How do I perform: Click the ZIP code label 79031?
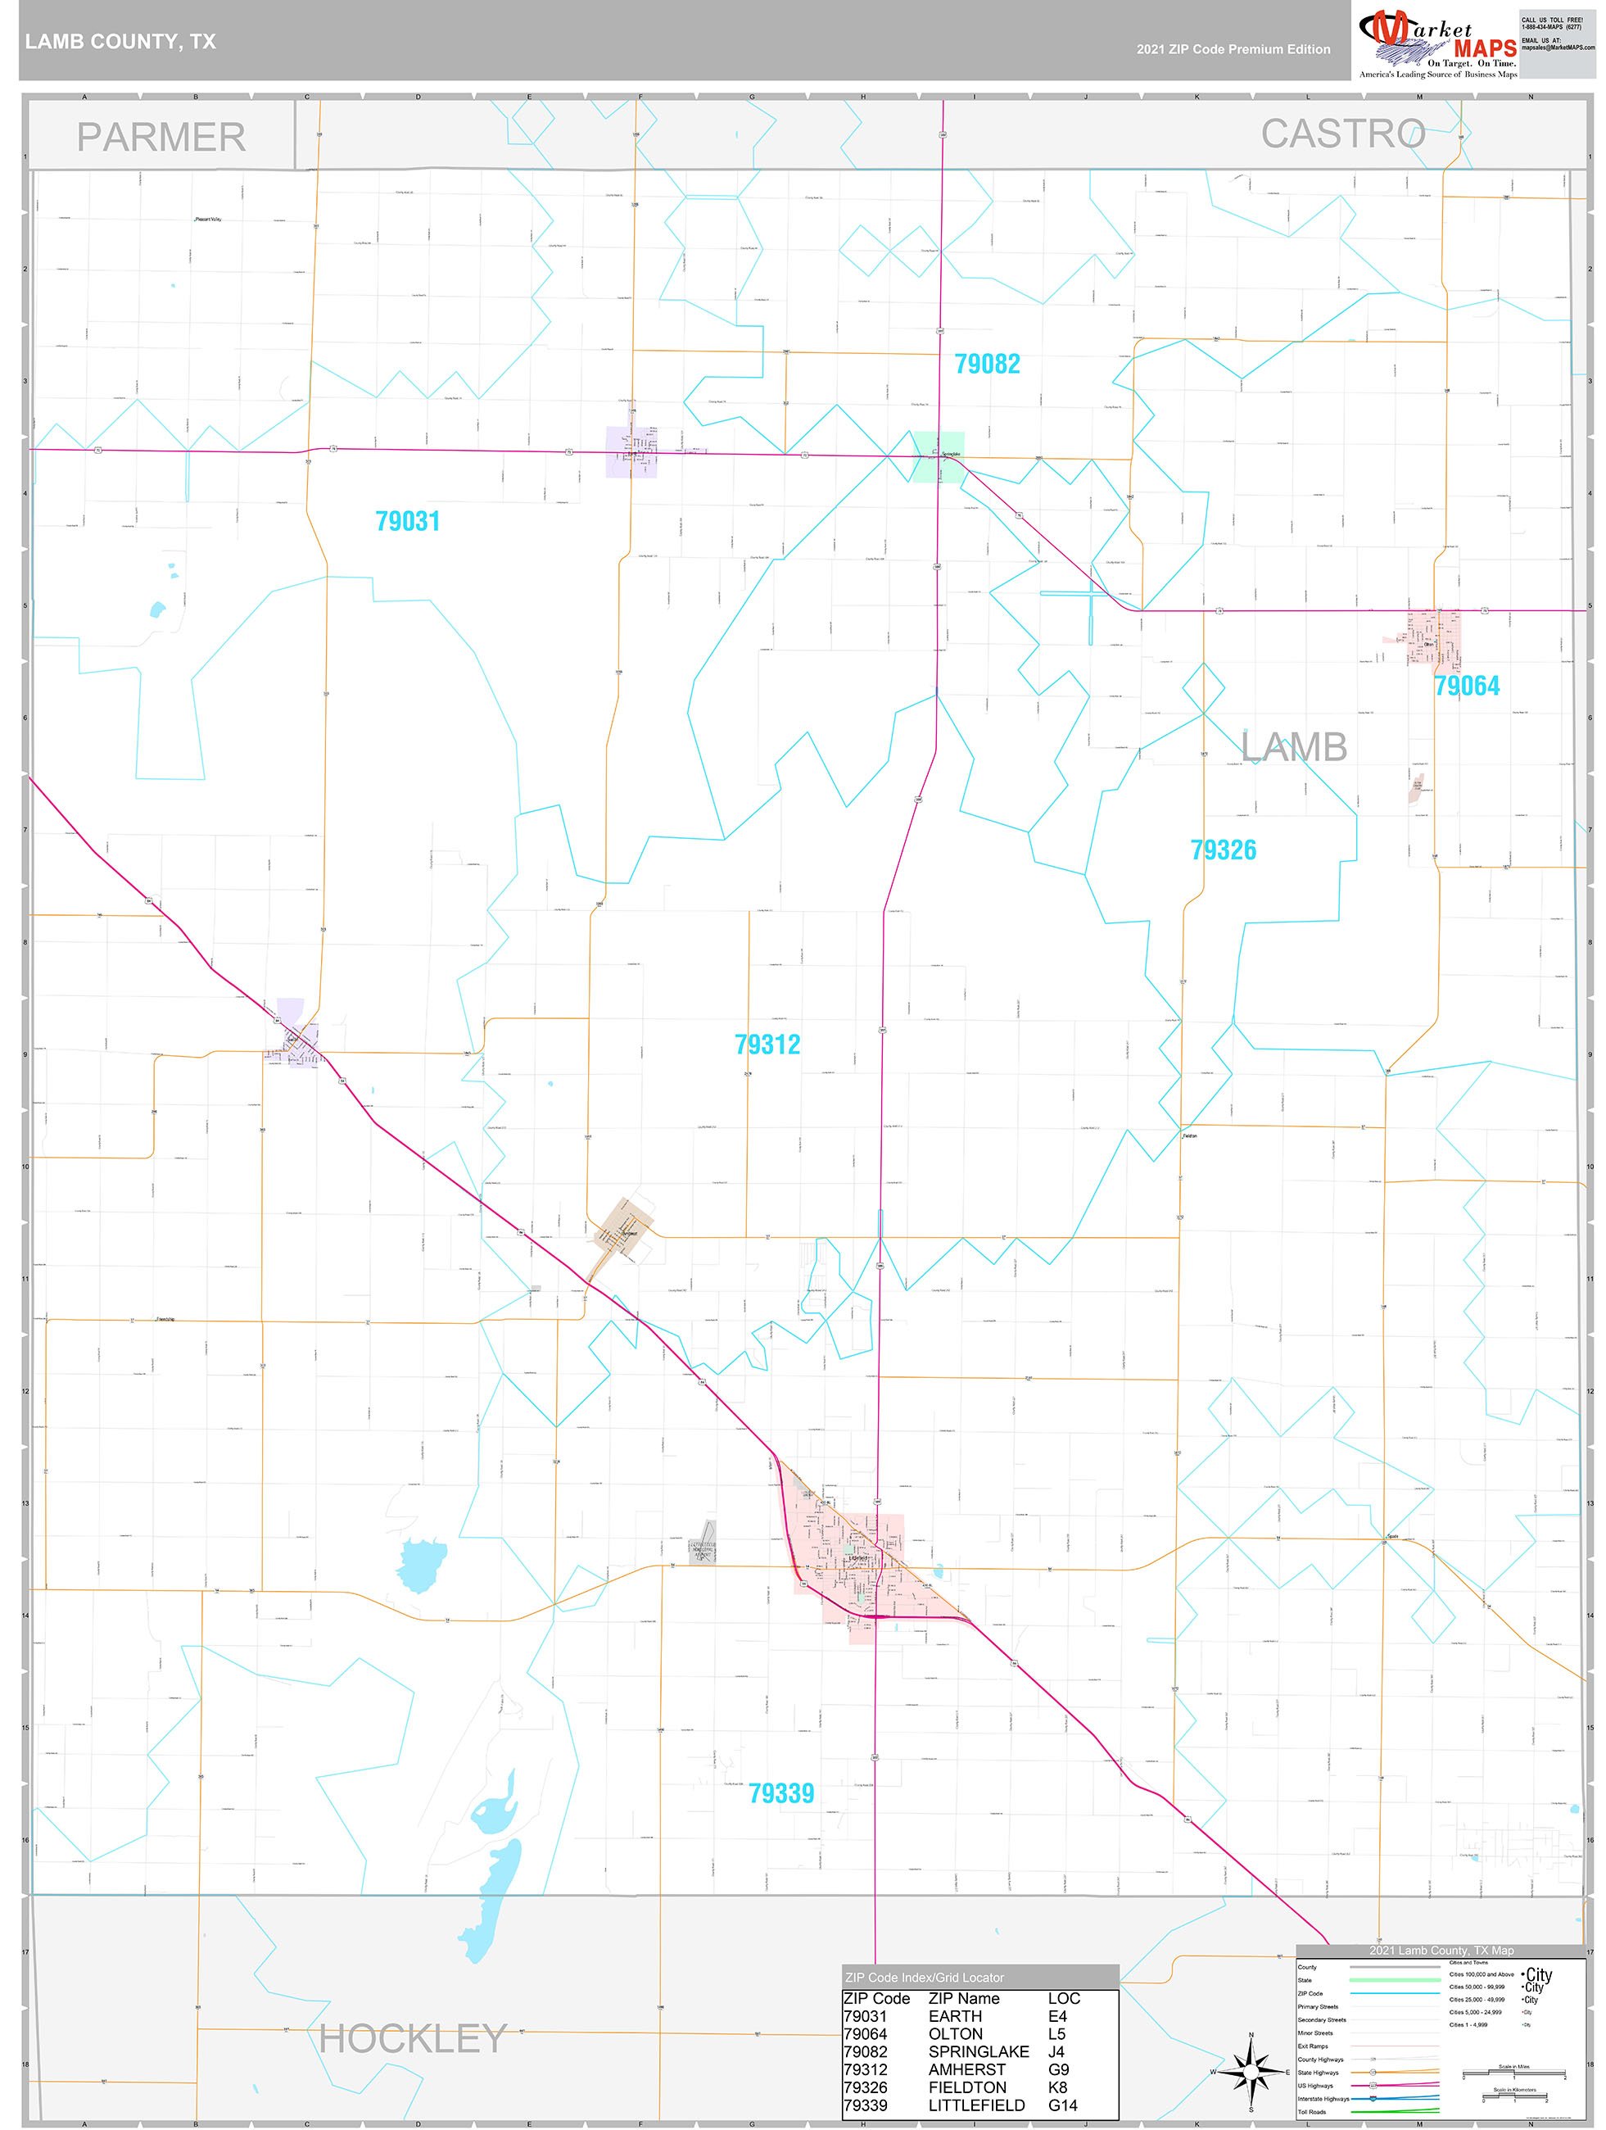(407, 522)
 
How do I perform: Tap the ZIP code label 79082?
(987, 364)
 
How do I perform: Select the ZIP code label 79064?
(1467, 686)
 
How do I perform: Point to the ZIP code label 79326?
(1223, 850)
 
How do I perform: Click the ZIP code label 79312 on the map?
(767, 1045)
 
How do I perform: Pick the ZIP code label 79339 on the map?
(780, 1794)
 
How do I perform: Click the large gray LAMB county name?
(1293, 747)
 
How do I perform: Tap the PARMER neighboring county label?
(161, 137)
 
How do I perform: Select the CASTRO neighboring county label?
(1342, 134)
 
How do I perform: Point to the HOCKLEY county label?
(412, 2038)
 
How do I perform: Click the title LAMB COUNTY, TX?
(120, 42)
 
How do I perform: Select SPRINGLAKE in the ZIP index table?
(978, 2051)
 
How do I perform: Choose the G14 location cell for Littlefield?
(1063, 2105)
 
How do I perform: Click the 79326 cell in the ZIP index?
(865, 2087)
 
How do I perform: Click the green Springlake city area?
(938, 457)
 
